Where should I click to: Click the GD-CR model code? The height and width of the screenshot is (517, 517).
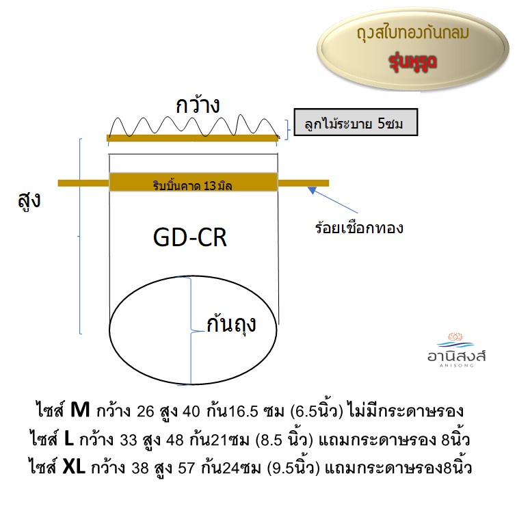tap(190, 237)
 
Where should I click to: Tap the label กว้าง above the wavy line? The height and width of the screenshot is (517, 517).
tap(198, 105)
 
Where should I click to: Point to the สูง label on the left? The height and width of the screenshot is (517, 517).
tap(29, 200)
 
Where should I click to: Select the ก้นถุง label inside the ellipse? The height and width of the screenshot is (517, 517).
tap(231, 324)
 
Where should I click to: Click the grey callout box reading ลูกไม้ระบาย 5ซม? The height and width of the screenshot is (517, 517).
tap(356, 122)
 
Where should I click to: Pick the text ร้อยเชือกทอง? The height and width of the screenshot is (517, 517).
tap(359, 228)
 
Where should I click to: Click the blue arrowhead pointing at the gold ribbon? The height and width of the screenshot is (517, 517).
tap(312, 190)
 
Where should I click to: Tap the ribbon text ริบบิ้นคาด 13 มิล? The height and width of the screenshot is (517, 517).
tap(193, 185)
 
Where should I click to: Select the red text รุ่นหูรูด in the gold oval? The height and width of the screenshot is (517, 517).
tap(413, 62)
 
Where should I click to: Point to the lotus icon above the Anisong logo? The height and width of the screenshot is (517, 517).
tap(455, 337)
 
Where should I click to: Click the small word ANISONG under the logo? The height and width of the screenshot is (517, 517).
tap(457, 365)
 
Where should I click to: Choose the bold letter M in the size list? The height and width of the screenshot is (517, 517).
tap(80, 410)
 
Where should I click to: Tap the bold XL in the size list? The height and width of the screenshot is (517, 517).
tap(74, 467)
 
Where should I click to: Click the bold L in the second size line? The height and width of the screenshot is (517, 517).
tap(69, 438)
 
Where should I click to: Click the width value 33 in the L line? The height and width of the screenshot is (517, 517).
tap(129, 440)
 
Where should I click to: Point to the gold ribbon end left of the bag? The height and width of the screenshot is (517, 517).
tap(83, 183)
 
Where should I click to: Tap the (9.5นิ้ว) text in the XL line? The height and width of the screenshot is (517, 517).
tap(293, 466)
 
